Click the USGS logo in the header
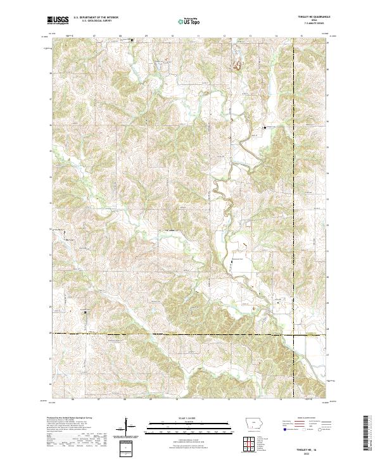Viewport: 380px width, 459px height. coord(58,20)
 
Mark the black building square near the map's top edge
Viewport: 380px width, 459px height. coord(132,41)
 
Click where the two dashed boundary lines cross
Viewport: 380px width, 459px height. coord(293,333)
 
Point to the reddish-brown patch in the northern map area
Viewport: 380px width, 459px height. coord(239,64)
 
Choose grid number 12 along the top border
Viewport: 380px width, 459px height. coord(224,36)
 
